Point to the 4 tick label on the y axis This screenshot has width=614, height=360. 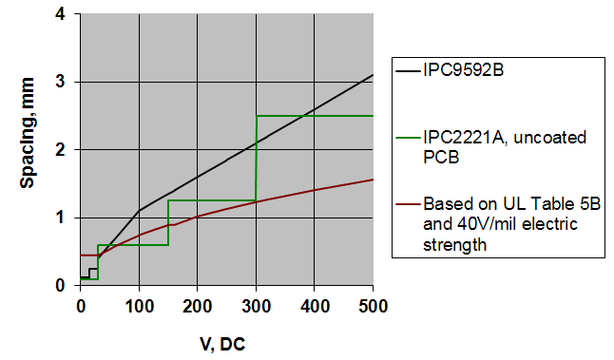click(x=61, y=14)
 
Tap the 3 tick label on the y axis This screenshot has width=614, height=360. click(x=61, y=82)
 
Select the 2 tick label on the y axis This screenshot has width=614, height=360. click(x=61, y=150)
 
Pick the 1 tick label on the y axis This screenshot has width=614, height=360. click(x=61, y=218)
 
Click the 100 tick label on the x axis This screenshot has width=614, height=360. click(x=139, y=306)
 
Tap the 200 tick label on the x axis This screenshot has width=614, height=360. click(x=198, y=306)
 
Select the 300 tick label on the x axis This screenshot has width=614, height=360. click(x=256, y=306)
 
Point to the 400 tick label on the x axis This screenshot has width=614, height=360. click(x=315, y=306)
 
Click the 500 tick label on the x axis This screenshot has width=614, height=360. click(x=373, y=306)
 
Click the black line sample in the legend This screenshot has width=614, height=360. click(x=413, y=69)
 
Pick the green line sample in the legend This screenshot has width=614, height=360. click(x=413, y=138)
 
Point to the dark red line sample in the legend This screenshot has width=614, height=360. click(x=413, y=204)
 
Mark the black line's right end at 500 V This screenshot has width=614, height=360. click(x=373, y=75)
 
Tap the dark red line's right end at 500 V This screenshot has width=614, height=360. click(x=373, y=180)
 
